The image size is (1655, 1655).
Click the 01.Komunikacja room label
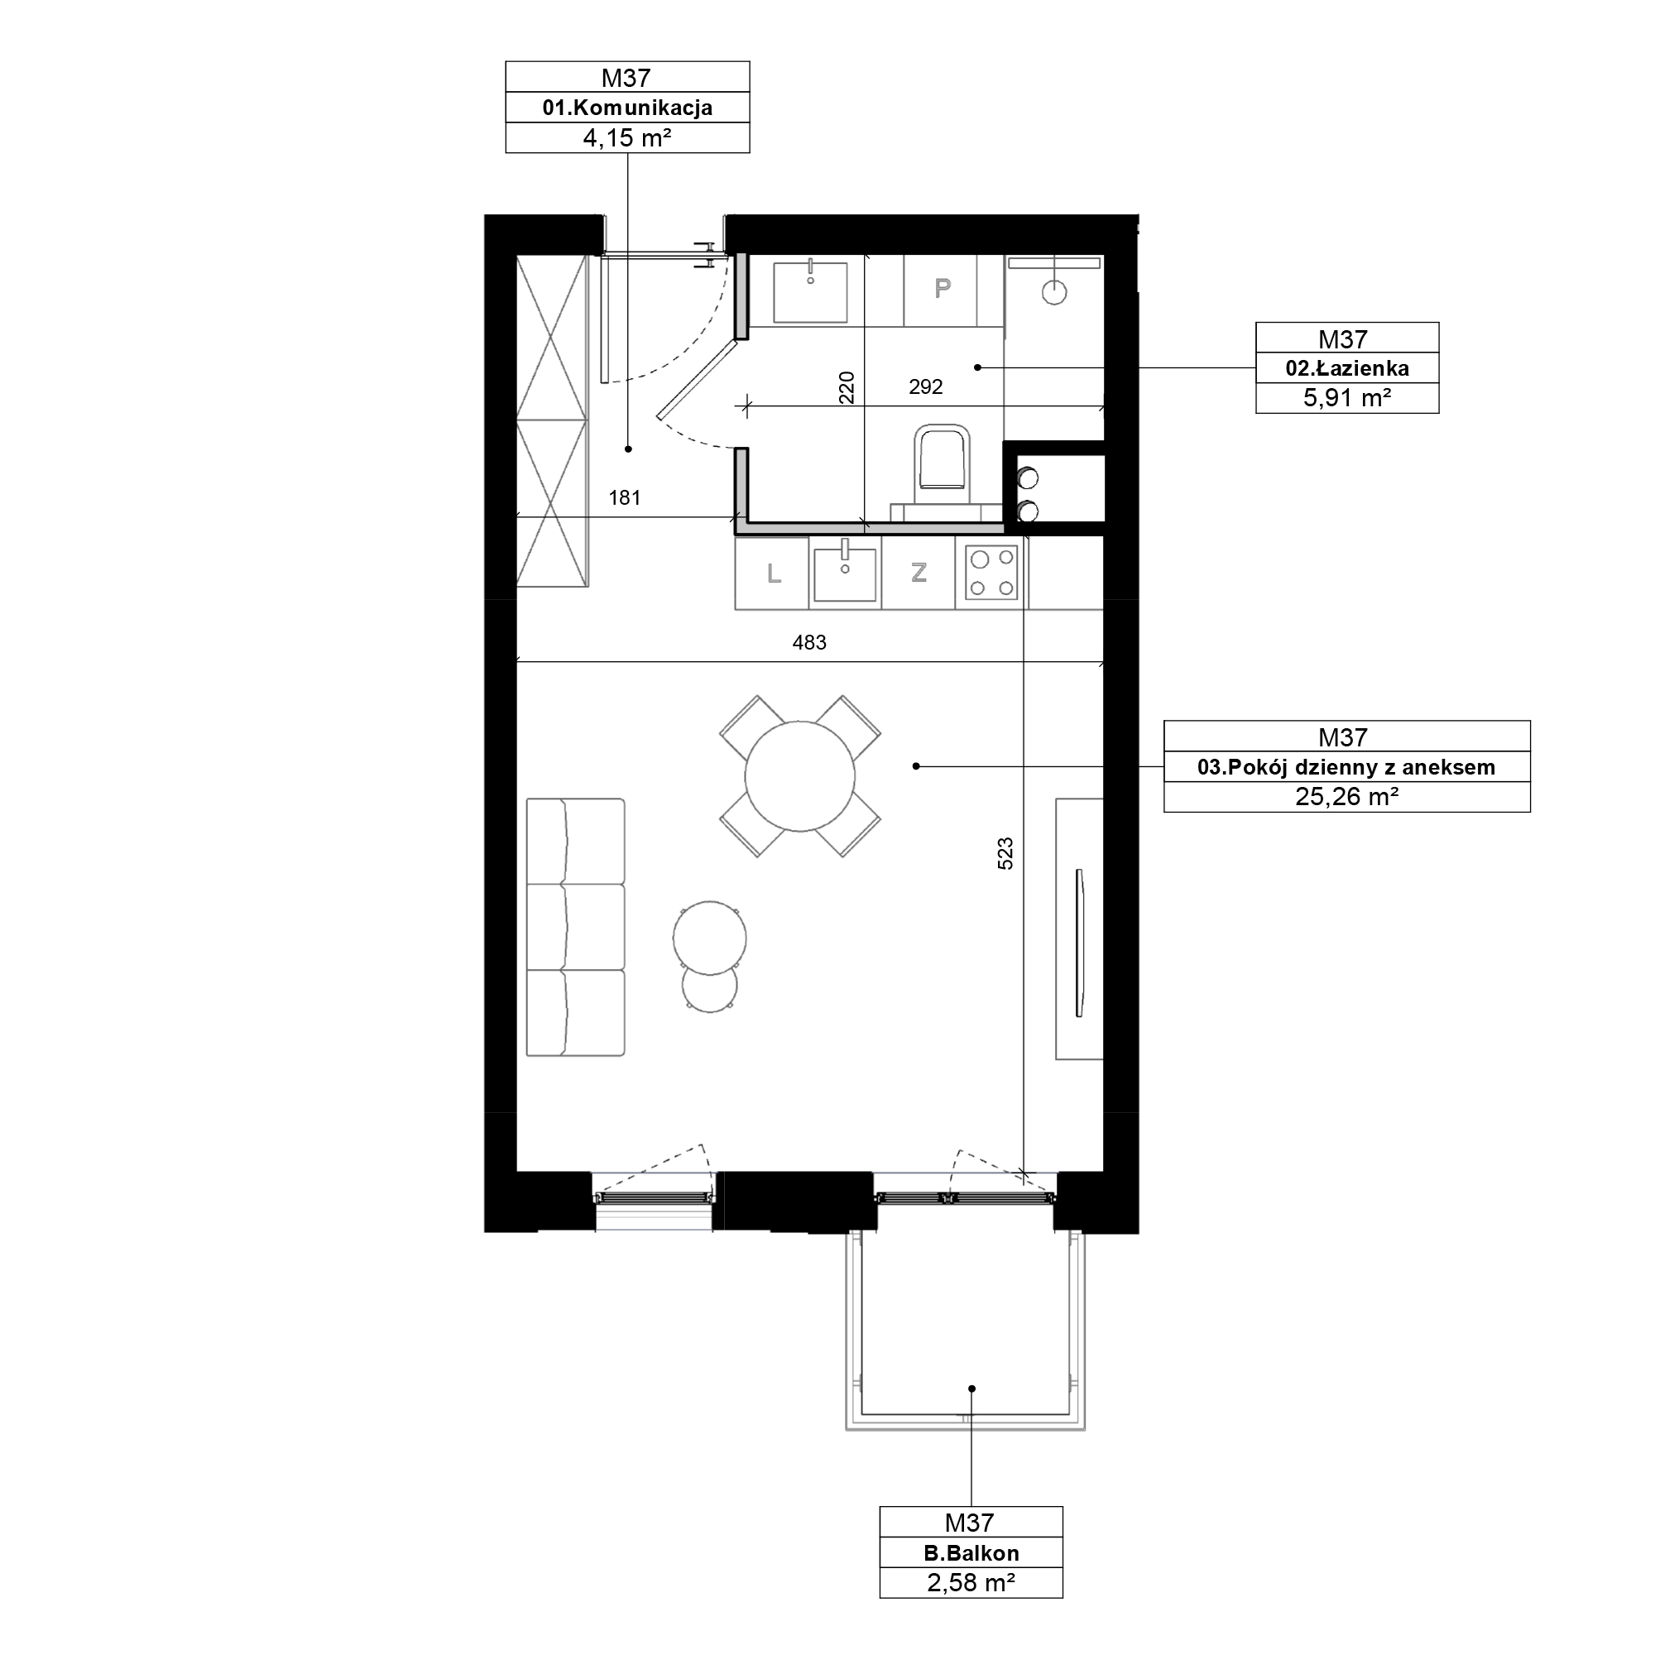coord(627,108)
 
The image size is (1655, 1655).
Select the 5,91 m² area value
coord(1346,398)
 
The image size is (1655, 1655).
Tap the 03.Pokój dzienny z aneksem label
coord(1346,768)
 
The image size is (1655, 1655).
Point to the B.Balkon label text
coord(971,1554)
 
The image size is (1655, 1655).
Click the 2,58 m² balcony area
coord(971,1583)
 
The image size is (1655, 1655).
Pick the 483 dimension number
coord(808,642)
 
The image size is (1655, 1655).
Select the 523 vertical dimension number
coord(1005,854)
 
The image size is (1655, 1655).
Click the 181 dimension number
coord(625,497)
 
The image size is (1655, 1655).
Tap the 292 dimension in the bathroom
coord(925,387)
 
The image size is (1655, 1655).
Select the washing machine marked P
coord(942,290)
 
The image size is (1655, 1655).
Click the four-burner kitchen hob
coord(992,573)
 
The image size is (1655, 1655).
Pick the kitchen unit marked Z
coord(919,573)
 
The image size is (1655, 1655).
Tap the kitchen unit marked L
coord(773,573)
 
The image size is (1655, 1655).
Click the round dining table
coord(800,776)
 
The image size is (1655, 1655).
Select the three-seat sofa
coord(575,927)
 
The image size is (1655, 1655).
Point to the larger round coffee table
coord(709,938)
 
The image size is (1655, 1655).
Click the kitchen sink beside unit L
coord(846,573)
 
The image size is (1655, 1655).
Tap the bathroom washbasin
coord(809,291)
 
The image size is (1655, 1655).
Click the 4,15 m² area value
coord(627,138)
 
